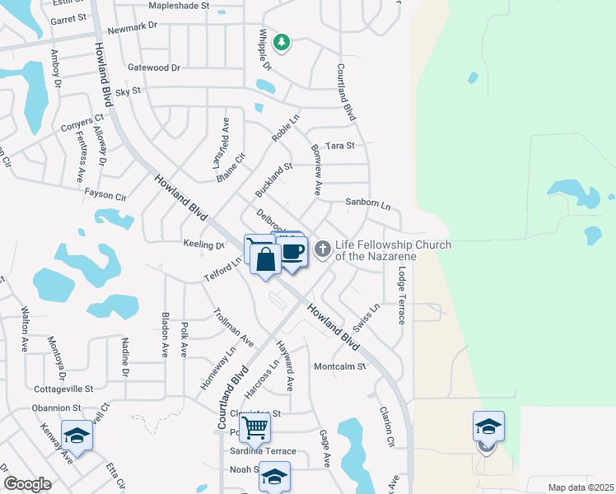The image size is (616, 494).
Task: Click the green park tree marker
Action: tap(282, 42)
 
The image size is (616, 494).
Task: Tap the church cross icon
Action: tap(324, 247)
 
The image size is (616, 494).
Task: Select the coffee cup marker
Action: tap(293, 251)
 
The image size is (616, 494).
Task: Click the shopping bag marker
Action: tap(265, 260)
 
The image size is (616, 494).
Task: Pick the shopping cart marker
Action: tap(255, 427)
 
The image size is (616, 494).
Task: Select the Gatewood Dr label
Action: tap(153, 68)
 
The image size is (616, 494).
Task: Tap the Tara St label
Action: tap(339, 146)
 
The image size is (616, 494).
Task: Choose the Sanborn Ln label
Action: tap(367, 202)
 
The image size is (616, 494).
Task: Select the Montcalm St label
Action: tap(338, 366)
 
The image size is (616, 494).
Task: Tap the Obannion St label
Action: tap(58, 408)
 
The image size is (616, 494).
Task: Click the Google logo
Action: tap(27, 484)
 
